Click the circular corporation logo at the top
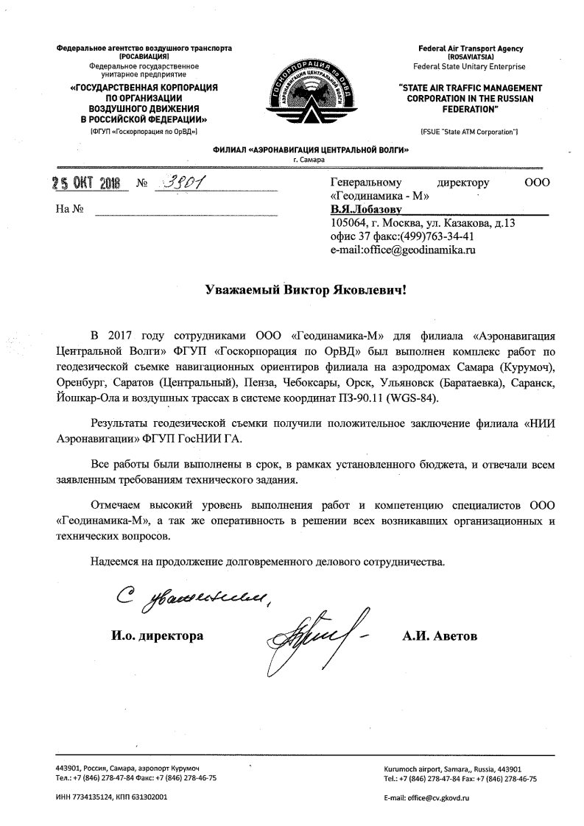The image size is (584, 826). click(x=292, y=94)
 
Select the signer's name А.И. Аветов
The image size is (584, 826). click(x=440, y=635)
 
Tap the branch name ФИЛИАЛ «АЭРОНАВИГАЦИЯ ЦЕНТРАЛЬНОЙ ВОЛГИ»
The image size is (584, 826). click(x=310, y=149)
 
